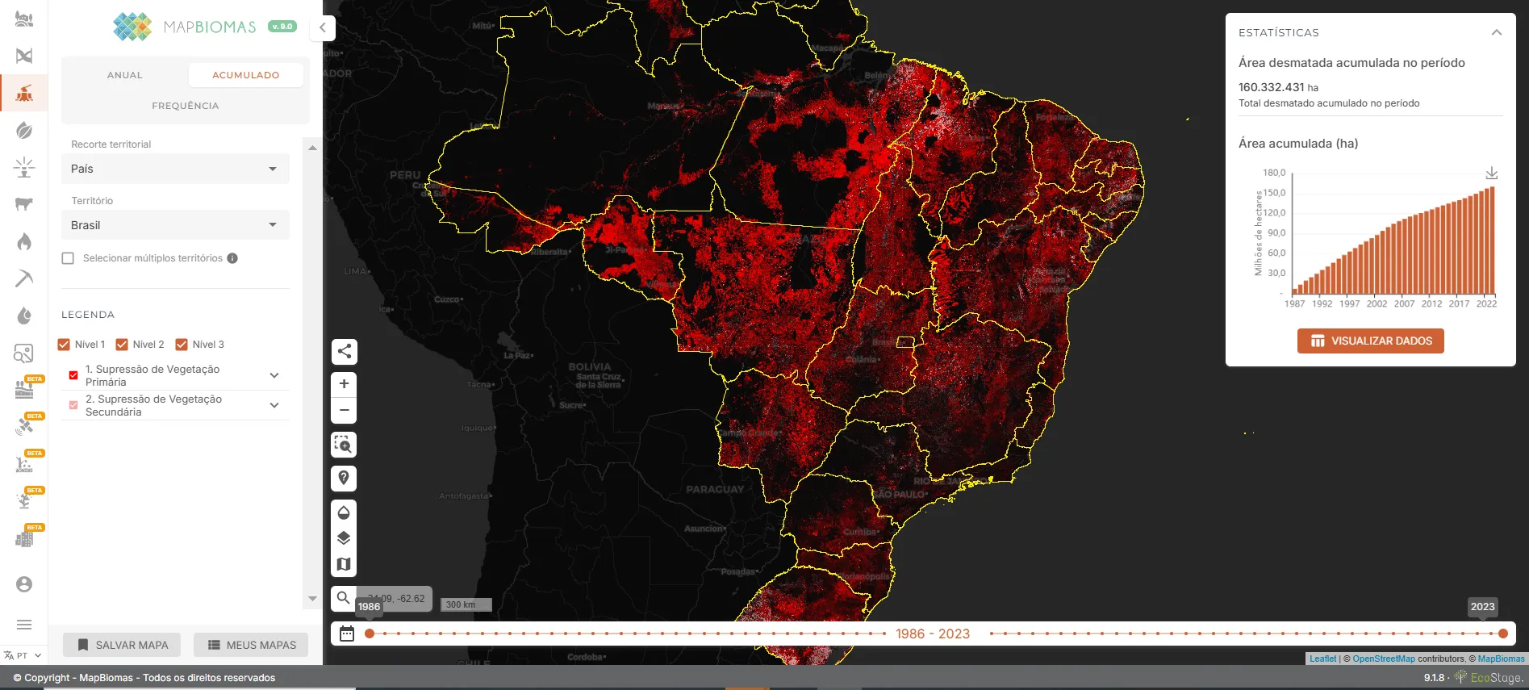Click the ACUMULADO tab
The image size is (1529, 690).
coord(245,75)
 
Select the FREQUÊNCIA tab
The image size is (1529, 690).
coord(185,106)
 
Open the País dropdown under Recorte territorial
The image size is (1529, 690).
coord(175,169)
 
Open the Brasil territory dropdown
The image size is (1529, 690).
coord(175,225)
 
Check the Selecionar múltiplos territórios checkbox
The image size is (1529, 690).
coord(69,258)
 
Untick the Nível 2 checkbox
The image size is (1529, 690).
coord(123,345)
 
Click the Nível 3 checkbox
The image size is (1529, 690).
coord(182,345)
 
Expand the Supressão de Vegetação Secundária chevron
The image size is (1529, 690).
coord(274,405)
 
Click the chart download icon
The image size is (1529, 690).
coord(1492,174)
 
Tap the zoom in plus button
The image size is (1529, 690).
coord(344,384)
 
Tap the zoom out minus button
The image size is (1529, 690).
coord(344,410)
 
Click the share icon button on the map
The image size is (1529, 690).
coord(344,351)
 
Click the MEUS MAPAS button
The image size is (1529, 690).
coord(252,645)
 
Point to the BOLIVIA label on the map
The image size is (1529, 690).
coord(590,366)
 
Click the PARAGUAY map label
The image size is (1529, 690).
coord(715,489)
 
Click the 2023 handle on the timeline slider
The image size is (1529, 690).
coord(1502,634)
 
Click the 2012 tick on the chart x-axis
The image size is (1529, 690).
coord(1431,303)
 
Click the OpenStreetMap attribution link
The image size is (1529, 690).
coord(1383,659)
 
